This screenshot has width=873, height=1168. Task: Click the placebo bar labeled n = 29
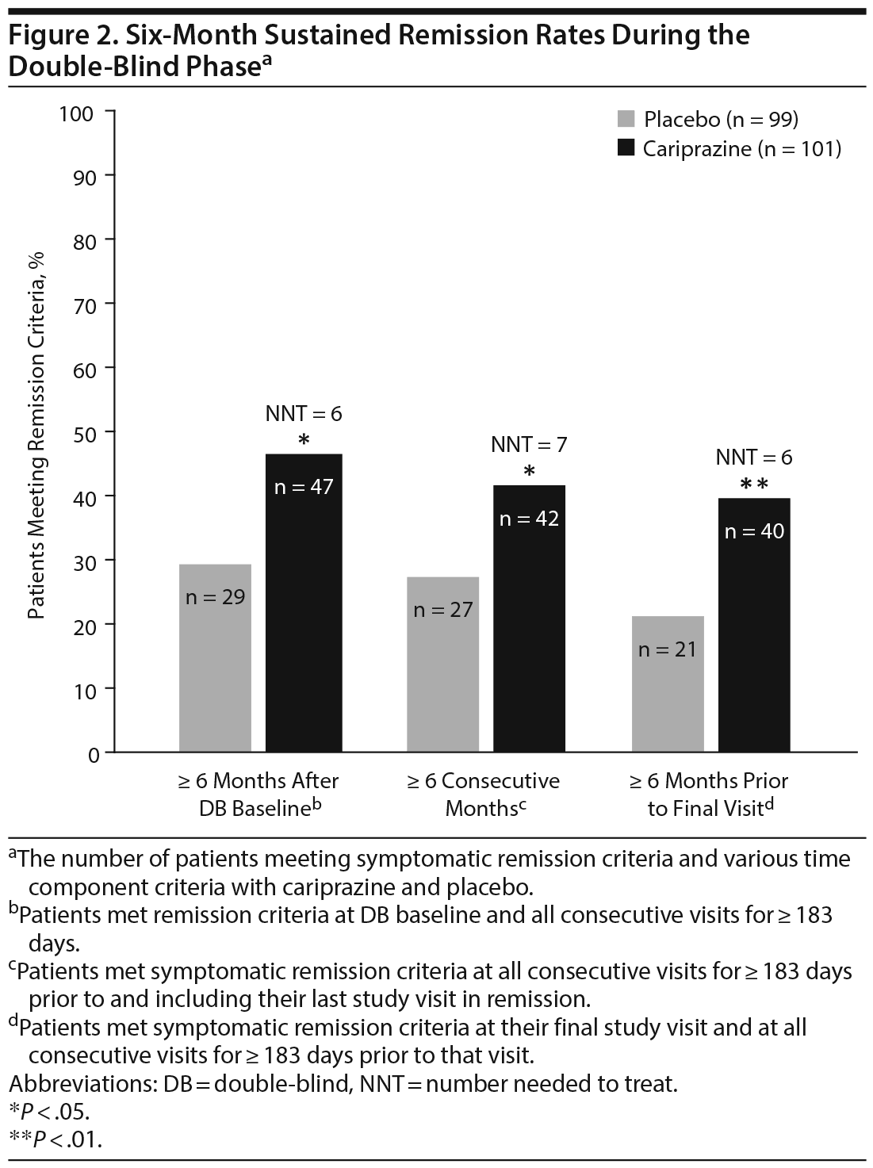[215, 657]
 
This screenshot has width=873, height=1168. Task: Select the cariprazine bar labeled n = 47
[304, 603]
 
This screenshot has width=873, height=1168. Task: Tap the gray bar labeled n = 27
[442, 664]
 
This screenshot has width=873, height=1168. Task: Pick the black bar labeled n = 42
[529, 618]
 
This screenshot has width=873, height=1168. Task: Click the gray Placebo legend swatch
[626, 120]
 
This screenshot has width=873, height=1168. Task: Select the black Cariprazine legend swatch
[626, 148]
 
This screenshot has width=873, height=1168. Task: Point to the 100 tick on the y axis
[77, 113]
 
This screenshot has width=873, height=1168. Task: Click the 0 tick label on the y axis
[94, 754]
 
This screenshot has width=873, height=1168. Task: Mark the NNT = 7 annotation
[529, 444]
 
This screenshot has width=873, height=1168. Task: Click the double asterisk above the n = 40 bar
[754, 484]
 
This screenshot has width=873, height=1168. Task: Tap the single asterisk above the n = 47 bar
[304, 440]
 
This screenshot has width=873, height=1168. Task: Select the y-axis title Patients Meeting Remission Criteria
[37, 435]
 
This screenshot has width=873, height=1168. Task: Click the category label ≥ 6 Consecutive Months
[483, 794]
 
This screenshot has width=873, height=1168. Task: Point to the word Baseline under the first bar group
[269, 809]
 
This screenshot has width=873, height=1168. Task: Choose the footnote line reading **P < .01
[56, 1139]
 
